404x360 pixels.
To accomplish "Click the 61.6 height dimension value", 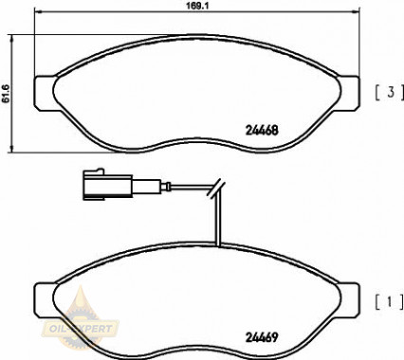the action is [x=5, y=94].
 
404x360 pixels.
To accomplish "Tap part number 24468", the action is [x=262, y=130].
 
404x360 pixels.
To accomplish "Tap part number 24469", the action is [x=262, y=337].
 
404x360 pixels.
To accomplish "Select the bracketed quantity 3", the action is [x=390, y=93].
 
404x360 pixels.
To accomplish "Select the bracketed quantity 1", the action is [x=390, y=302].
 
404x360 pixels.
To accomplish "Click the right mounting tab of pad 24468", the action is [x=349, y=93].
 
